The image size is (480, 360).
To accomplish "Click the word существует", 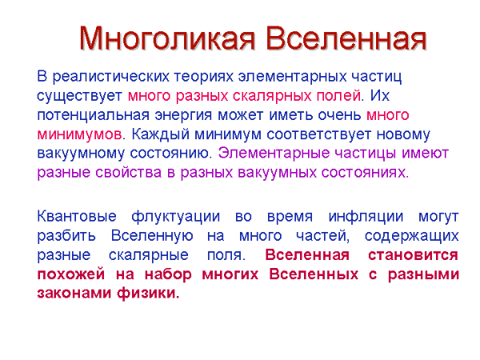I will click(x=80, y=96).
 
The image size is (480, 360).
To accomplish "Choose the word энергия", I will click(x=180, y=114).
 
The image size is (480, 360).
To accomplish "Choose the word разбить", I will click(x=66, y=236).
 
